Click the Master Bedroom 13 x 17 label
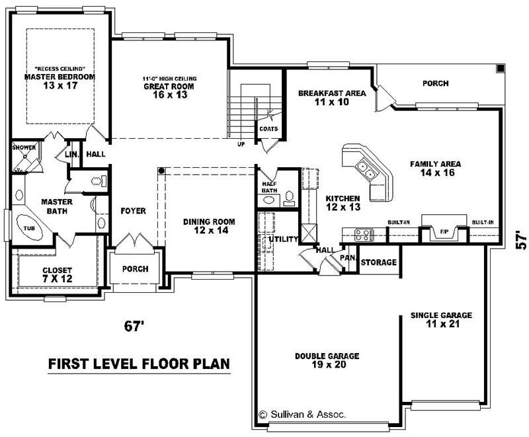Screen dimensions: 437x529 coord(60,81)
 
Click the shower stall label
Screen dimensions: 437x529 coord(23,147)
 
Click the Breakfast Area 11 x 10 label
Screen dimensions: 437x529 coord(331,98)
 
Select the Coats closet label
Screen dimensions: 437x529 coord(268,129)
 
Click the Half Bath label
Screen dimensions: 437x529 coord(269,188)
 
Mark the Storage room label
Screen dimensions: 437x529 coord(379,262)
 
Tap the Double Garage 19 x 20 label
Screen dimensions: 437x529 coord(327,360)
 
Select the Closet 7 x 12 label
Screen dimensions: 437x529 coord(57,274)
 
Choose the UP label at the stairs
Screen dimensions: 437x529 coord(242,144)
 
